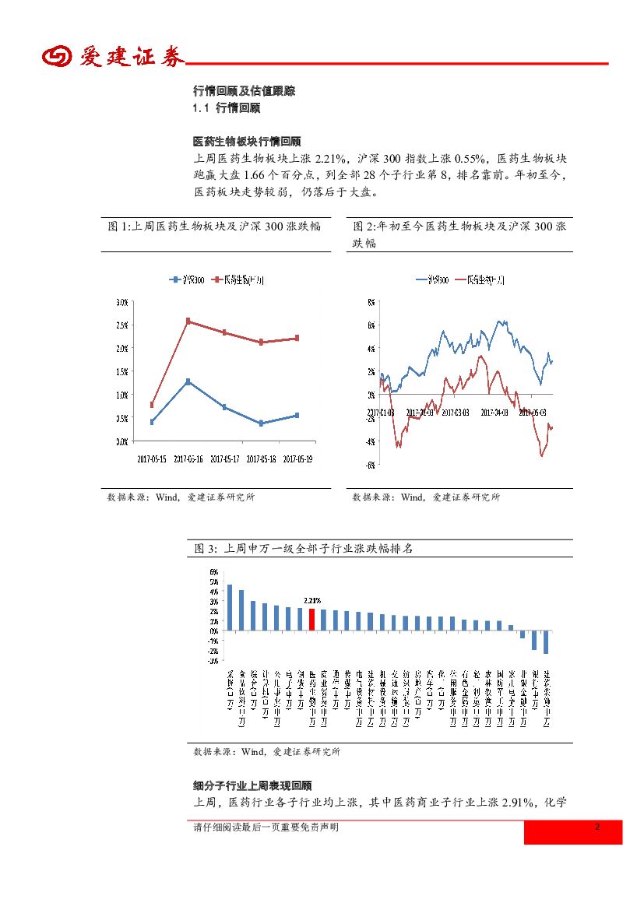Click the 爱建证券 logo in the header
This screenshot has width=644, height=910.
114,57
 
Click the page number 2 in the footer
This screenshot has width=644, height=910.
597,827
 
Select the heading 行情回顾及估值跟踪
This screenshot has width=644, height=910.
244,91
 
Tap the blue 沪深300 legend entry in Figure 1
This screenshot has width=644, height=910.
187,279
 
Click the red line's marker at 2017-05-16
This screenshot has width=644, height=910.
188,321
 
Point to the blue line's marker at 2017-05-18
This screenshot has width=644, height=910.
261,423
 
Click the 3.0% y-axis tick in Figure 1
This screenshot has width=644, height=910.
121,302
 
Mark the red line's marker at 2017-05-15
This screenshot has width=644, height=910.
152,405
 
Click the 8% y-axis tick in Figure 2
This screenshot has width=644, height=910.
371,302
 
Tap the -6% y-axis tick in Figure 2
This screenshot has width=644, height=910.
371,466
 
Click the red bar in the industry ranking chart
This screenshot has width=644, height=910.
311,619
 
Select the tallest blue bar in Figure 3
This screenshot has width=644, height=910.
229,607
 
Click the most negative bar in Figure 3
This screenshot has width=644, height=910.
546,641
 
